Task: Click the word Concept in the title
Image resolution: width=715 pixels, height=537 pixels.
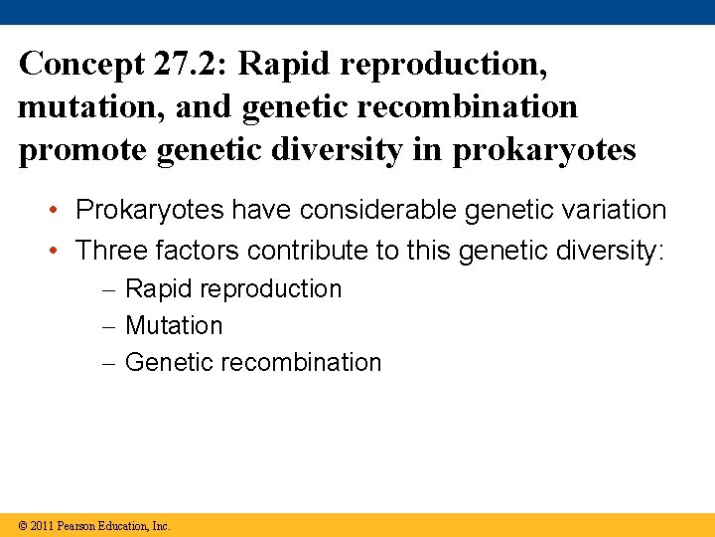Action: [x=80, y=65]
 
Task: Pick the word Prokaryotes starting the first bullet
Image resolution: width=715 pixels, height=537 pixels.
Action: [x=150, y=210]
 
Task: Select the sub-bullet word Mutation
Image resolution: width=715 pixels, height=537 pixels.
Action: [x=175, y=326]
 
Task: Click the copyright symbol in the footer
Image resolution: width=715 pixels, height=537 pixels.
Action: [x=23, y=525]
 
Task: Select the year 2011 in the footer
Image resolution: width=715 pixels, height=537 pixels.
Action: [x=42, y=525]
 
